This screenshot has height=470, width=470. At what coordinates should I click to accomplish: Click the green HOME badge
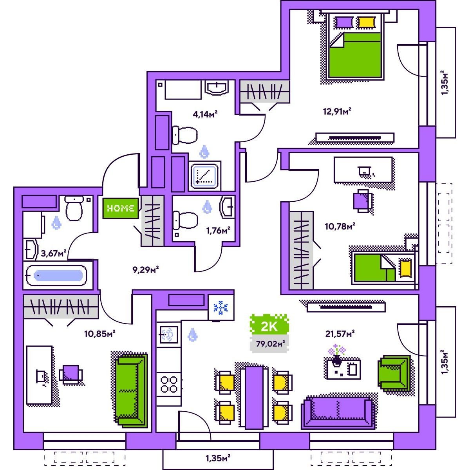tap(121, 208)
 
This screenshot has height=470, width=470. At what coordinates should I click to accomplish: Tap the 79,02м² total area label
tap(271, 343)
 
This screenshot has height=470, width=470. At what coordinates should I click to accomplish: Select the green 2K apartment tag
tap(269, 327)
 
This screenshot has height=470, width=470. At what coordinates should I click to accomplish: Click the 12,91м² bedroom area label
tap(337, 111)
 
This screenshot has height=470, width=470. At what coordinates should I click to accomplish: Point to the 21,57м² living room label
tap(340, 333)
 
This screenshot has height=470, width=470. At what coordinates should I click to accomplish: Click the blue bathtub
tap(56, 276)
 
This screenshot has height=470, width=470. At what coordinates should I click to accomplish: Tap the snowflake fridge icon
tap(221, 307)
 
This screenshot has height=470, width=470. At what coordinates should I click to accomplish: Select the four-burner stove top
tap(169, 385)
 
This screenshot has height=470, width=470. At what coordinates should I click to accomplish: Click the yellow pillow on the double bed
tap(366, 22)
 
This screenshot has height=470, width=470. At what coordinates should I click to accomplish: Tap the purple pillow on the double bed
tap(344, 22)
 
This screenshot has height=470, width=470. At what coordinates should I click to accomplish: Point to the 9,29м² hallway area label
tap(146, 270)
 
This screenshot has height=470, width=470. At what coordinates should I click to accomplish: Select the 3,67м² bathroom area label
tap(54, 253)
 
